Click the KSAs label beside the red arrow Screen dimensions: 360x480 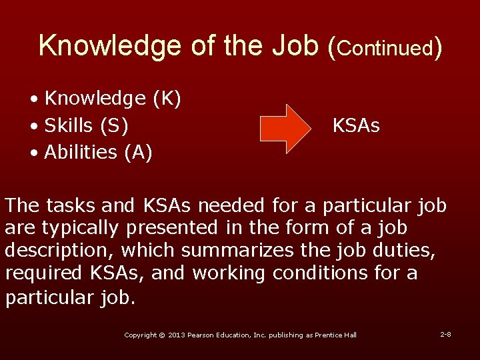(356, 125)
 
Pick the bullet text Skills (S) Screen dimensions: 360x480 (87, 125)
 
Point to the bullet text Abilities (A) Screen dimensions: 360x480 (98, 153)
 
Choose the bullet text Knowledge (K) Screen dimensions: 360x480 (112, 99)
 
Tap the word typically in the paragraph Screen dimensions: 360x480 (79, 228)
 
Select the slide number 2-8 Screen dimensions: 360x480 (445, 333)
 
